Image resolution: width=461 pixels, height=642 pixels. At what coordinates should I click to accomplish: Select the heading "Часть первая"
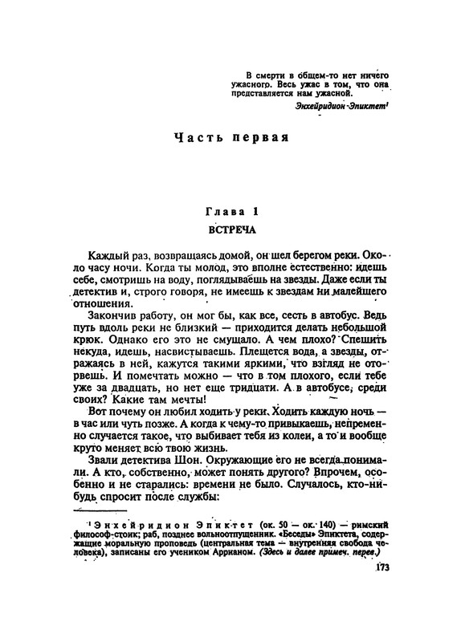tap(231, 136)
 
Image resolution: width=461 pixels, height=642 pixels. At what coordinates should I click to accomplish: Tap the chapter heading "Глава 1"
tap(231, 212)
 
